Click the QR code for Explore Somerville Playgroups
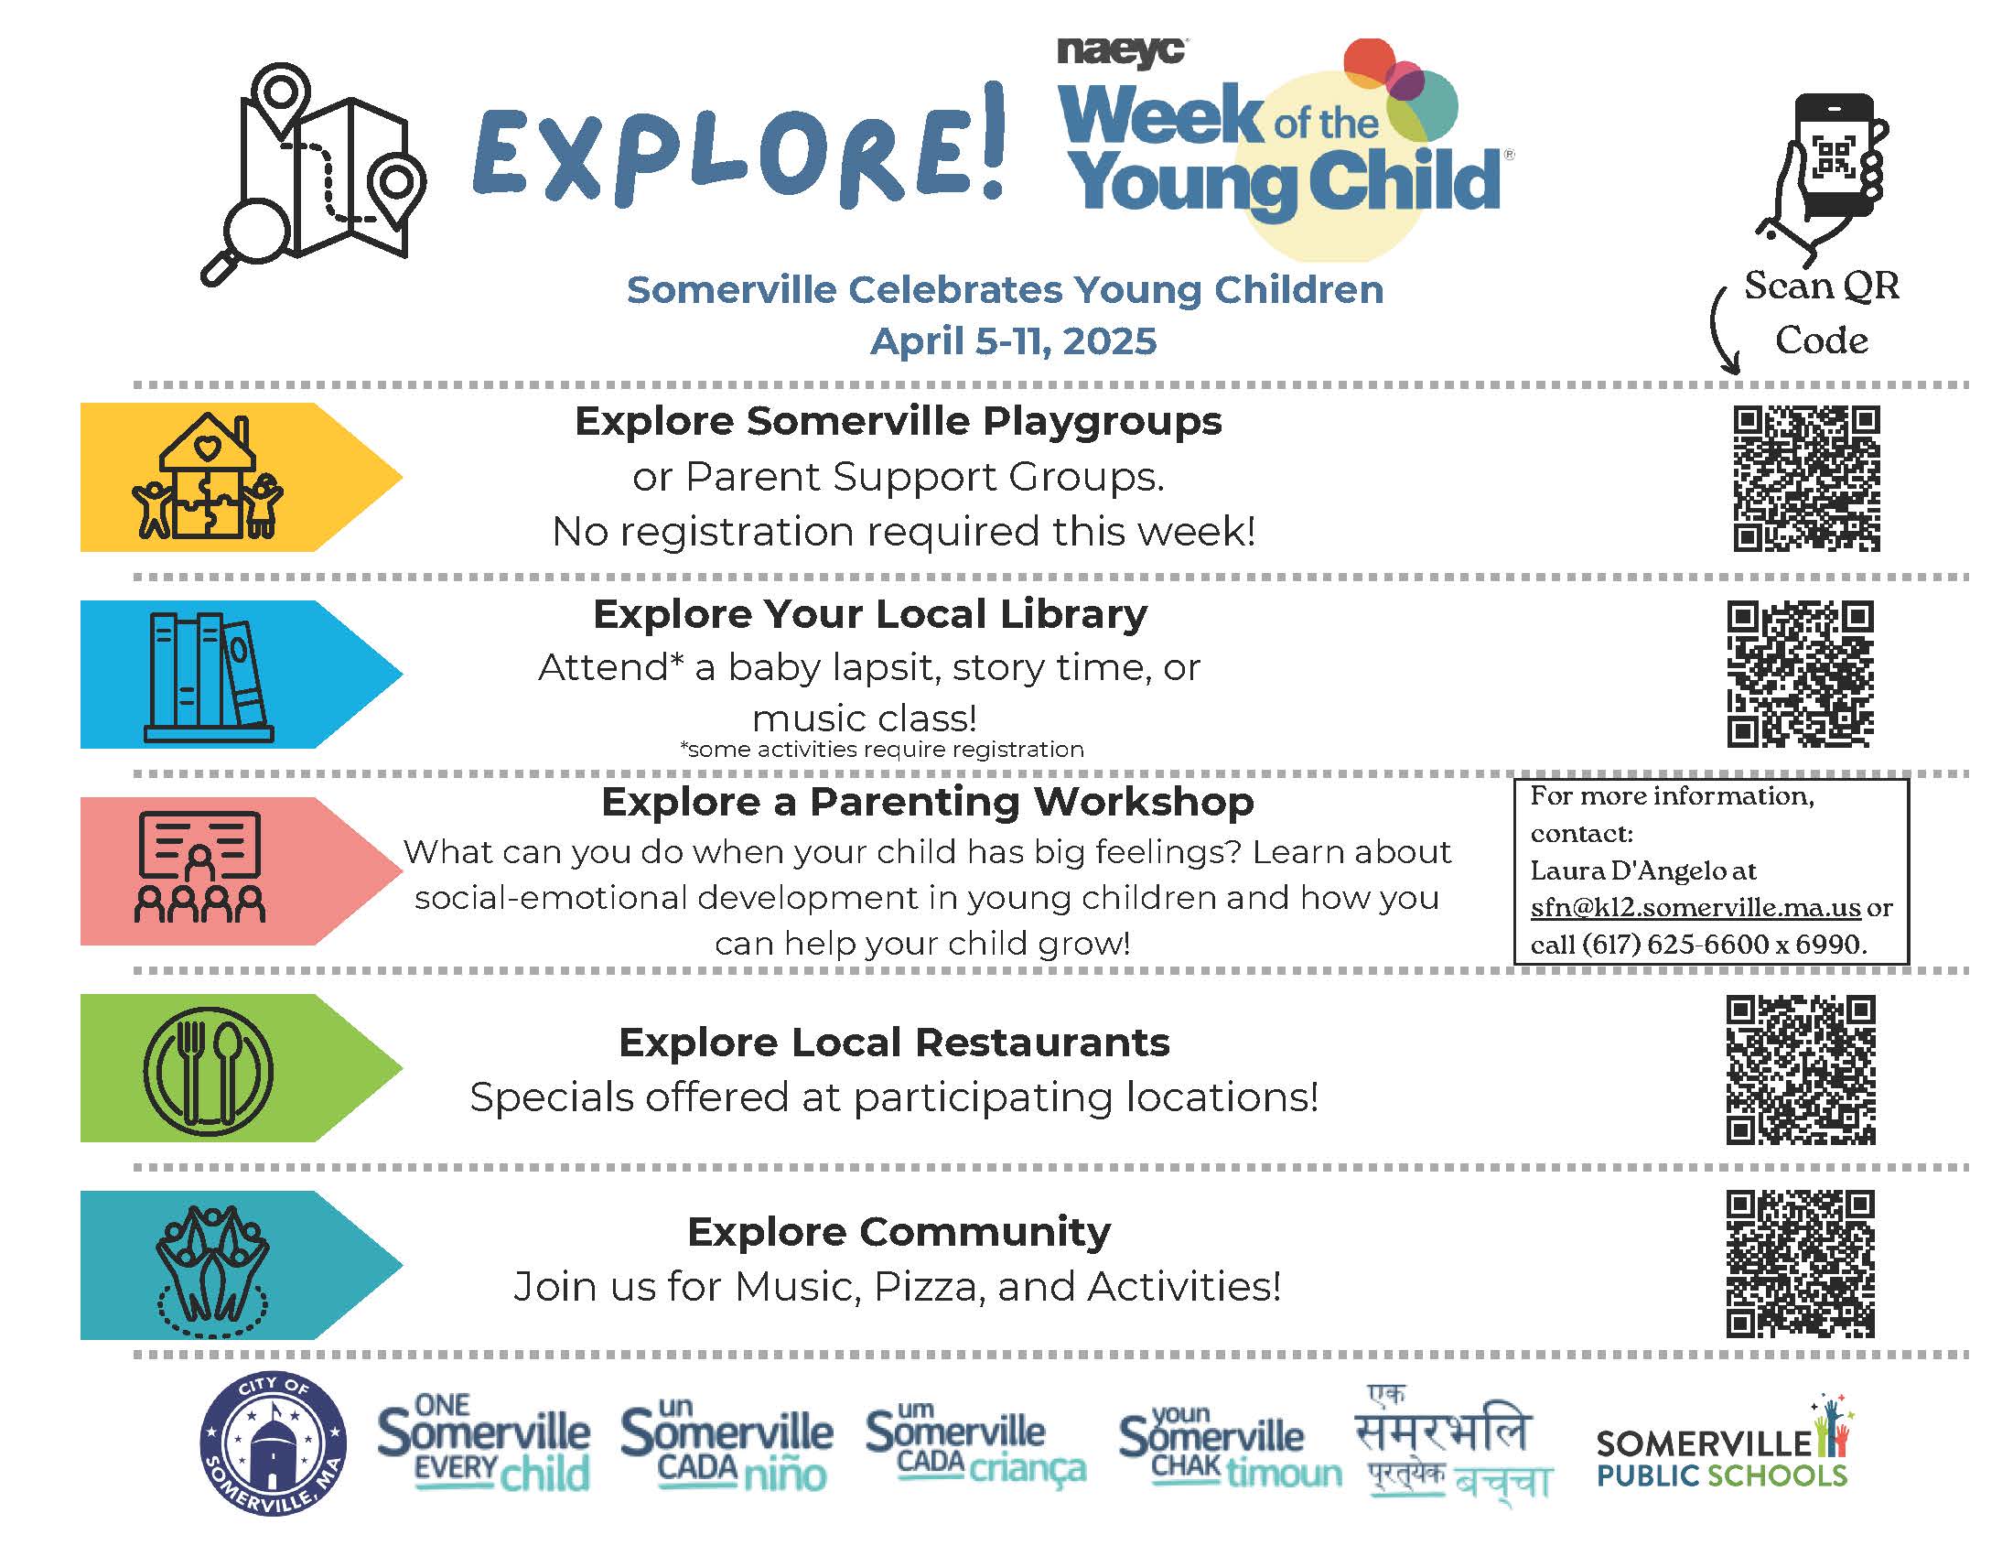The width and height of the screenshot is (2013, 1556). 1806,479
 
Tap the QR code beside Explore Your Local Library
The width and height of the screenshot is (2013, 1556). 1800,674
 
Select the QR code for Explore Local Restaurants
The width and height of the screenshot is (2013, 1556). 1800,1069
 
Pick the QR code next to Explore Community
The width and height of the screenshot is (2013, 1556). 1800,1264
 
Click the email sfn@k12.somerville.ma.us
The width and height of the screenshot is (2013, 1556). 1695,908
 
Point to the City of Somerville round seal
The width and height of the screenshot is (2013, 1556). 274,1444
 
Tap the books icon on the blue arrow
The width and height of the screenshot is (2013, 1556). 210,676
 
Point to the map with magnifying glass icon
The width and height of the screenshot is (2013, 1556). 312,173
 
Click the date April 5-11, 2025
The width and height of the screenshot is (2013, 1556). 1013,341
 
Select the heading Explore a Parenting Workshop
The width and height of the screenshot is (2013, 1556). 927,802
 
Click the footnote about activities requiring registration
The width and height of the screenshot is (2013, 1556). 882,750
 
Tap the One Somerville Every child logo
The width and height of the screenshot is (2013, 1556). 484,1443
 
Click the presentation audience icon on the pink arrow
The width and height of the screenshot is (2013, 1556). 200,868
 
